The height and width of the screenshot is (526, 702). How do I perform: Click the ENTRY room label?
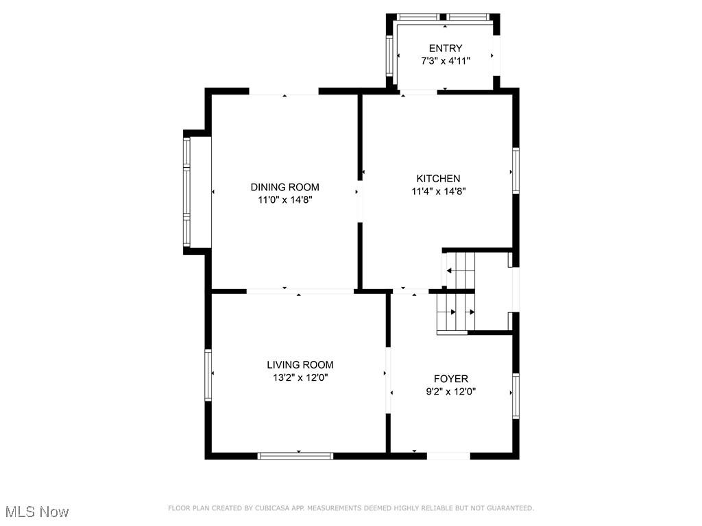[446, 48]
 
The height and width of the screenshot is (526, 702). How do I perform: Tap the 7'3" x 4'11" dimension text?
[446, 61]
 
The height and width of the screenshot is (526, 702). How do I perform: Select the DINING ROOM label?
[285, 187]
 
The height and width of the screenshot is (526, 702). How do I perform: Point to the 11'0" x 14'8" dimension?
[285, 200]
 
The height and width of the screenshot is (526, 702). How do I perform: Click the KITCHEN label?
[438, 178]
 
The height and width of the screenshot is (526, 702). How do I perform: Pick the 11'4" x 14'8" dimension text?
[438, 192]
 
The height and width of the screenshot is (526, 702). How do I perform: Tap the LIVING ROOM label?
[300, 364]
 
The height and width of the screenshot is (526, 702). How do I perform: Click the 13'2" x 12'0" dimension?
[300, 377]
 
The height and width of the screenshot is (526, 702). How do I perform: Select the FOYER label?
[450, 379]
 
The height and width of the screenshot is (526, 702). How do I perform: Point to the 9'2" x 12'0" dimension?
[450, 392]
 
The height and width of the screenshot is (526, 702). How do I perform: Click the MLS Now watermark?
[37, 512]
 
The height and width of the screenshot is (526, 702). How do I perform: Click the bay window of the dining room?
[186, 192]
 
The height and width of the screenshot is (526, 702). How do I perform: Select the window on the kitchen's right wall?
[516, 171]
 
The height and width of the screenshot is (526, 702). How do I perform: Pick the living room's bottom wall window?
[295, 455]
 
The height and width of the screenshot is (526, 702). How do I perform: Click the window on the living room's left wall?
[208, 374]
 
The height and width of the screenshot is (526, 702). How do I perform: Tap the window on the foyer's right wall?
[516, 395]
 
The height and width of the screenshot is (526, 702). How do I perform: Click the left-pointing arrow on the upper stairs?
[450, 271]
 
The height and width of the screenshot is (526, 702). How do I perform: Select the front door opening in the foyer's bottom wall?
[448, 455]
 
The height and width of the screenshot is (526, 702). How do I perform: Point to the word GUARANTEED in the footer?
[509, 508]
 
